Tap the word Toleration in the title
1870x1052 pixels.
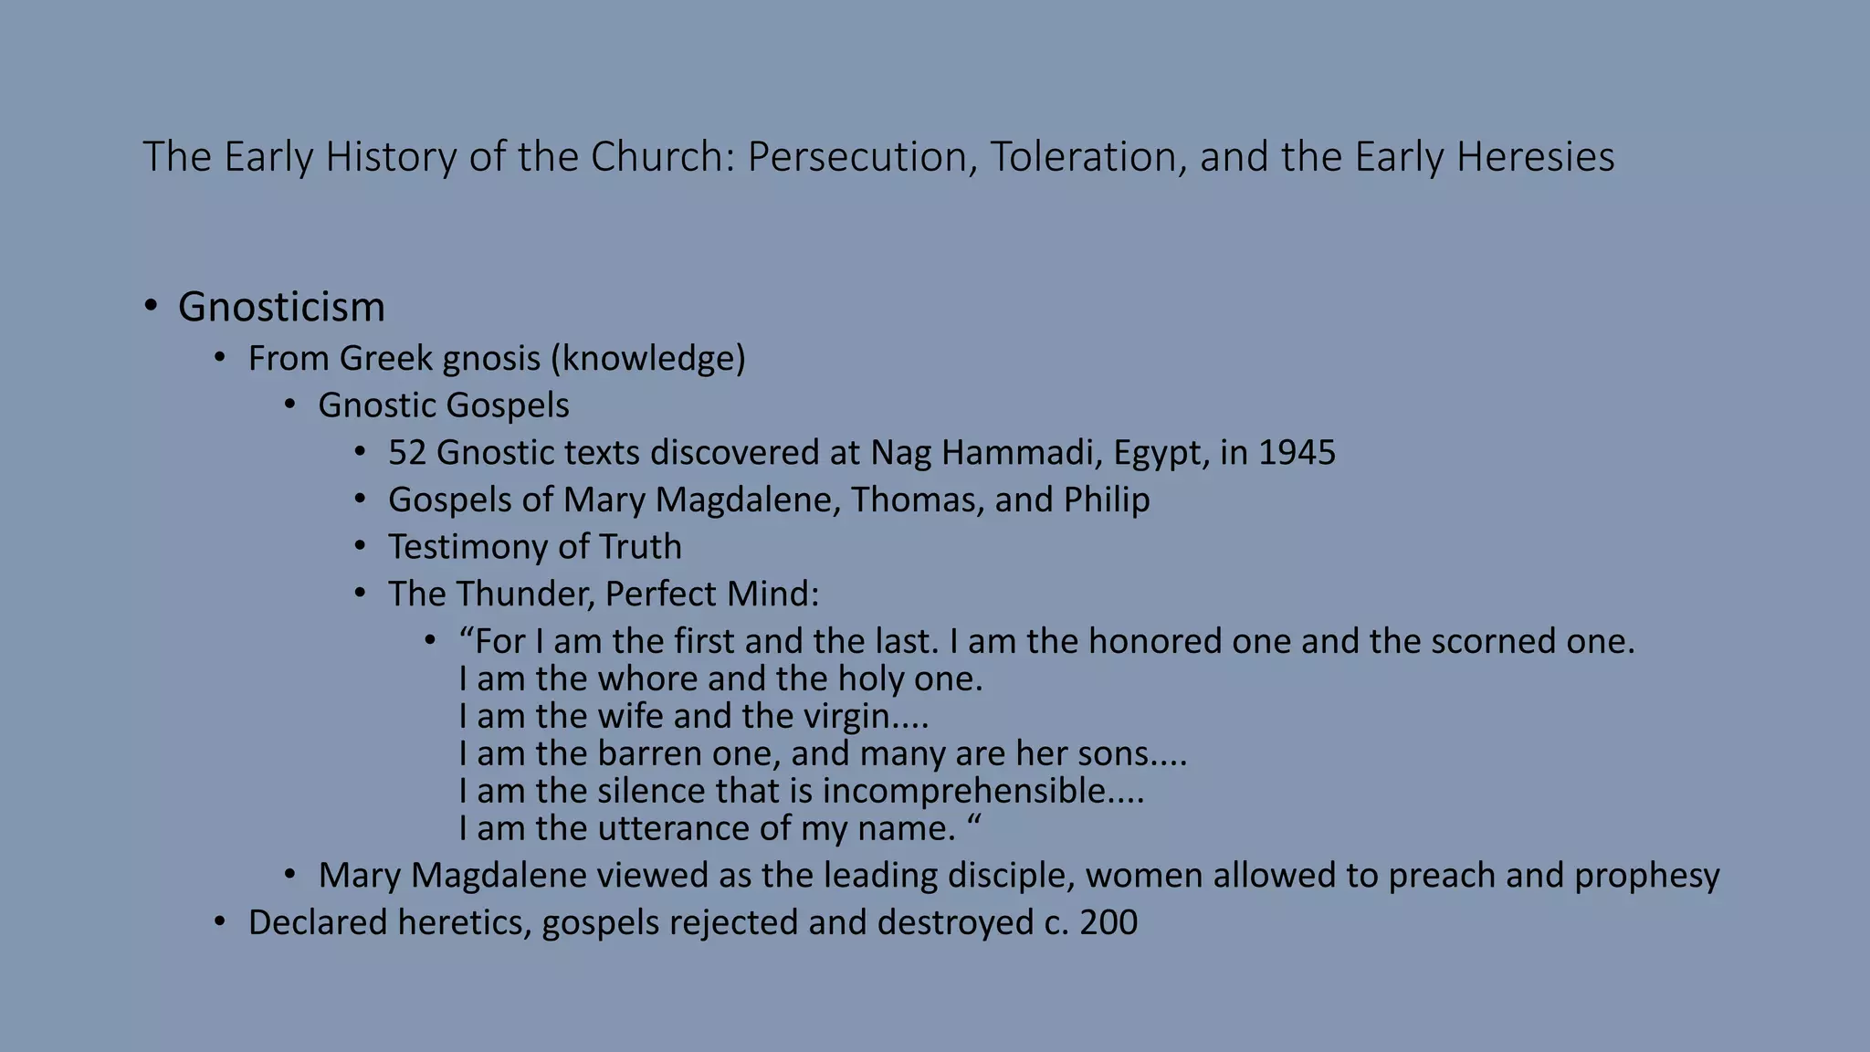point(1087,157)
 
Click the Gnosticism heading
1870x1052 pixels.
point(281,307)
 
